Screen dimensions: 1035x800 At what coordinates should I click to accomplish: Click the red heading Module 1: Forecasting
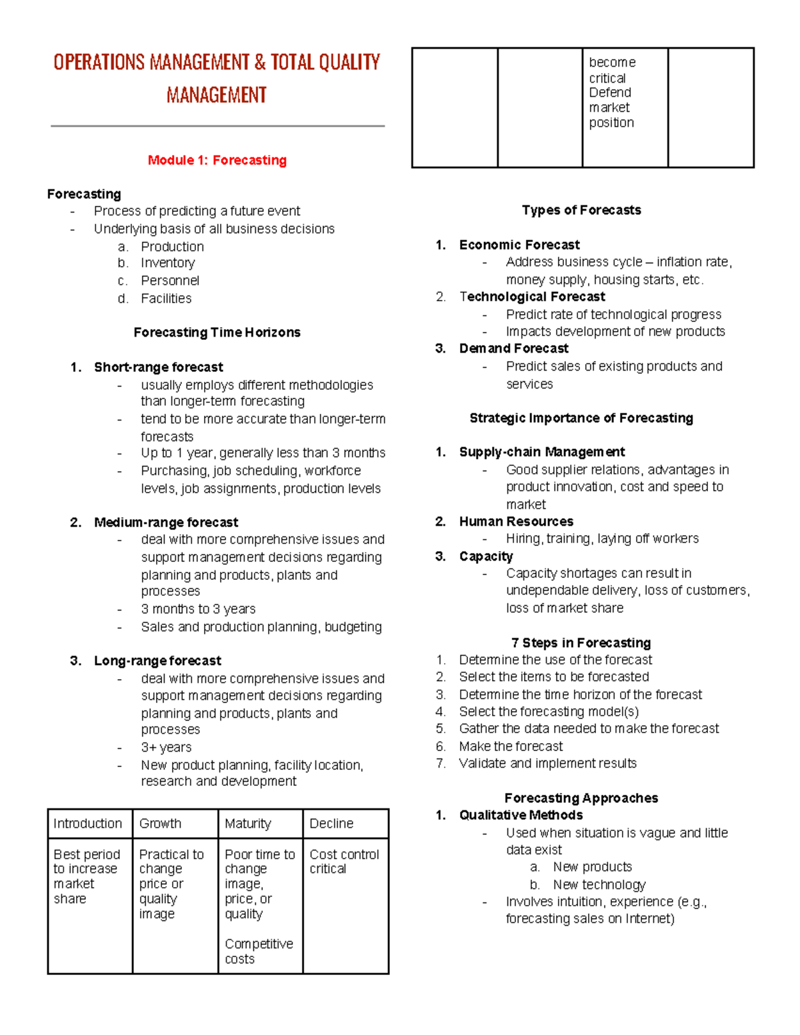(217, 160)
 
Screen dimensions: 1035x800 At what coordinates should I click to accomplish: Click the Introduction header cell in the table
(87, 824)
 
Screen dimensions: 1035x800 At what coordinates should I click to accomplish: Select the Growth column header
(160, 824)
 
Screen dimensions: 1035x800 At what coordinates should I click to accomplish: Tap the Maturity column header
(247, 824)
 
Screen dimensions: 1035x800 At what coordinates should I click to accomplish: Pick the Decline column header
(331, 824)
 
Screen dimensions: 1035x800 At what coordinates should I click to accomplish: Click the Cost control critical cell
(344, 862)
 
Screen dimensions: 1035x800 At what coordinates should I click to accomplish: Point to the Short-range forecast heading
(158, 367)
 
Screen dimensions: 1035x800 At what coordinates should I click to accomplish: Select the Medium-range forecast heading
(165, 522)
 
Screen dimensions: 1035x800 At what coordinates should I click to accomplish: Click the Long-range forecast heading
(157, 660)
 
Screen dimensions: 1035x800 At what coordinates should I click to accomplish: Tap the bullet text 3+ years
(166, 747)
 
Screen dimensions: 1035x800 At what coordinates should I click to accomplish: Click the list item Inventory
(167, 263)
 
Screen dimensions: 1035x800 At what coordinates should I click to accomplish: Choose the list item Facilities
(166, 299)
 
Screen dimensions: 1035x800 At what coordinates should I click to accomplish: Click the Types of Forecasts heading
(581, 210)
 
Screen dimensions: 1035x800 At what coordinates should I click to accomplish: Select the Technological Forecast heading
(532, 297)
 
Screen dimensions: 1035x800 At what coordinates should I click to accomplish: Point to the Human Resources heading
(516, 521)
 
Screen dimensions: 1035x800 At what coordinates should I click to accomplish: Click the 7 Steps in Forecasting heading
(581, 642)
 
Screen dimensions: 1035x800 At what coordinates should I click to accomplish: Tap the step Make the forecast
(511, 746)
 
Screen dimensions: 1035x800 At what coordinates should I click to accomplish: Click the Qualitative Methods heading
(521, 815)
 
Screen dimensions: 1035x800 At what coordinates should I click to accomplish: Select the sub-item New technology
(599, 884)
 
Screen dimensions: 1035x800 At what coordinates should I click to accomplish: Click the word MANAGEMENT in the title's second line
(217, 95)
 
